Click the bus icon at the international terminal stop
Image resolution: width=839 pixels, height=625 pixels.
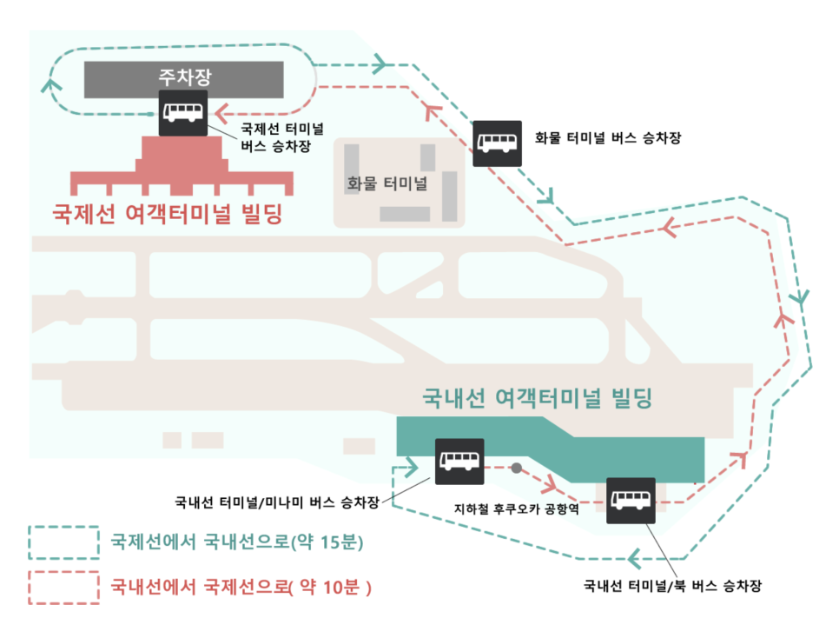point(183,112)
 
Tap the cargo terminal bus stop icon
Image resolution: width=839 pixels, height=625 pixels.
point(498,143)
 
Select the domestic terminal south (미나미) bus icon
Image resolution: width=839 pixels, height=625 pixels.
point(459,461)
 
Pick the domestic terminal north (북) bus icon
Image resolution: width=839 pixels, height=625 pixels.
point(631,502)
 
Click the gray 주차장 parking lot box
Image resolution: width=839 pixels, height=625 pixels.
point(183,78)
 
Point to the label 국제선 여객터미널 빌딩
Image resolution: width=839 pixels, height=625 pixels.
point(168,214)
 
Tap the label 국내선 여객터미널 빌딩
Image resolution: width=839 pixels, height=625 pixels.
point(536,399)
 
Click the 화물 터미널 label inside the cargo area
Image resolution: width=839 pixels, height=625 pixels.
point(386,183)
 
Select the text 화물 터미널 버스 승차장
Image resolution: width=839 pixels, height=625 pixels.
point(608,138)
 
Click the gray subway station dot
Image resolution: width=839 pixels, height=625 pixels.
point(516,468)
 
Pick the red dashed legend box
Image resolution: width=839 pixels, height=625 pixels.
point(63,587)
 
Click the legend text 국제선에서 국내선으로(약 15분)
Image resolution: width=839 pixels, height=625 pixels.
point(236,543)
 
